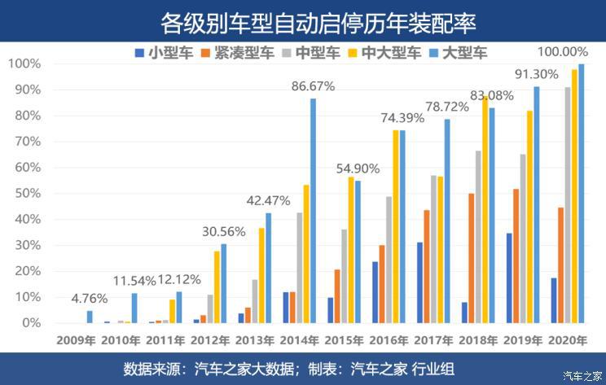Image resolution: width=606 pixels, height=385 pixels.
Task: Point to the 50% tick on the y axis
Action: [24, 194]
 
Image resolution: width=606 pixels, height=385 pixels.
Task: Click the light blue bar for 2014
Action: [313, 212]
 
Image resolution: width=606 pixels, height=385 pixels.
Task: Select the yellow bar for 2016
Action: [395, 227]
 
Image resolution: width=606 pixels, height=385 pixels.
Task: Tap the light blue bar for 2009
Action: [90, 317]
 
